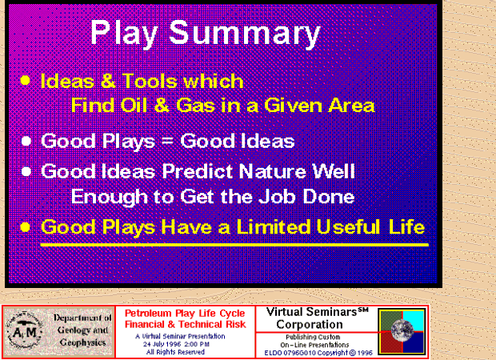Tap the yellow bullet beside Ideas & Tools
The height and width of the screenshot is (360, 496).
coord(25,80)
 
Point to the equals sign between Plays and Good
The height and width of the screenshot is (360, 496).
coord(167,142)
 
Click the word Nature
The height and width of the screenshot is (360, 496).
coord(273,171)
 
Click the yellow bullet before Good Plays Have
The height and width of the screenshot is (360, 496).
coord(25,227)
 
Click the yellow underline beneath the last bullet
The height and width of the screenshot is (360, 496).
coord(234,245)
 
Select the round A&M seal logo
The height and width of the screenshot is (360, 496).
coord(24,331)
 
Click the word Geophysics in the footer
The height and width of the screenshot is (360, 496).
coord(82,342)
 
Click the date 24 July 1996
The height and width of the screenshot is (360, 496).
coord(162,344)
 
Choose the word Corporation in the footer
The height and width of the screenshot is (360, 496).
coord(310,325)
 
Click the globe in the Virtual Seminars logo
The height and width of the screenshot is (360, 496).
coord(402,330)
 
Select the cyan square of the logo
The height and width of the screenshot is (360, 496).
coord(414,321)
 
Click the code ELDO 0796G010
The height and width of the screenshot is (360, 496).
coord(290,353)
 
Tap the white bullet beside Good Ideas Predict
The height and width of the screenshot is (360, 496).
coord(26,171)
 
